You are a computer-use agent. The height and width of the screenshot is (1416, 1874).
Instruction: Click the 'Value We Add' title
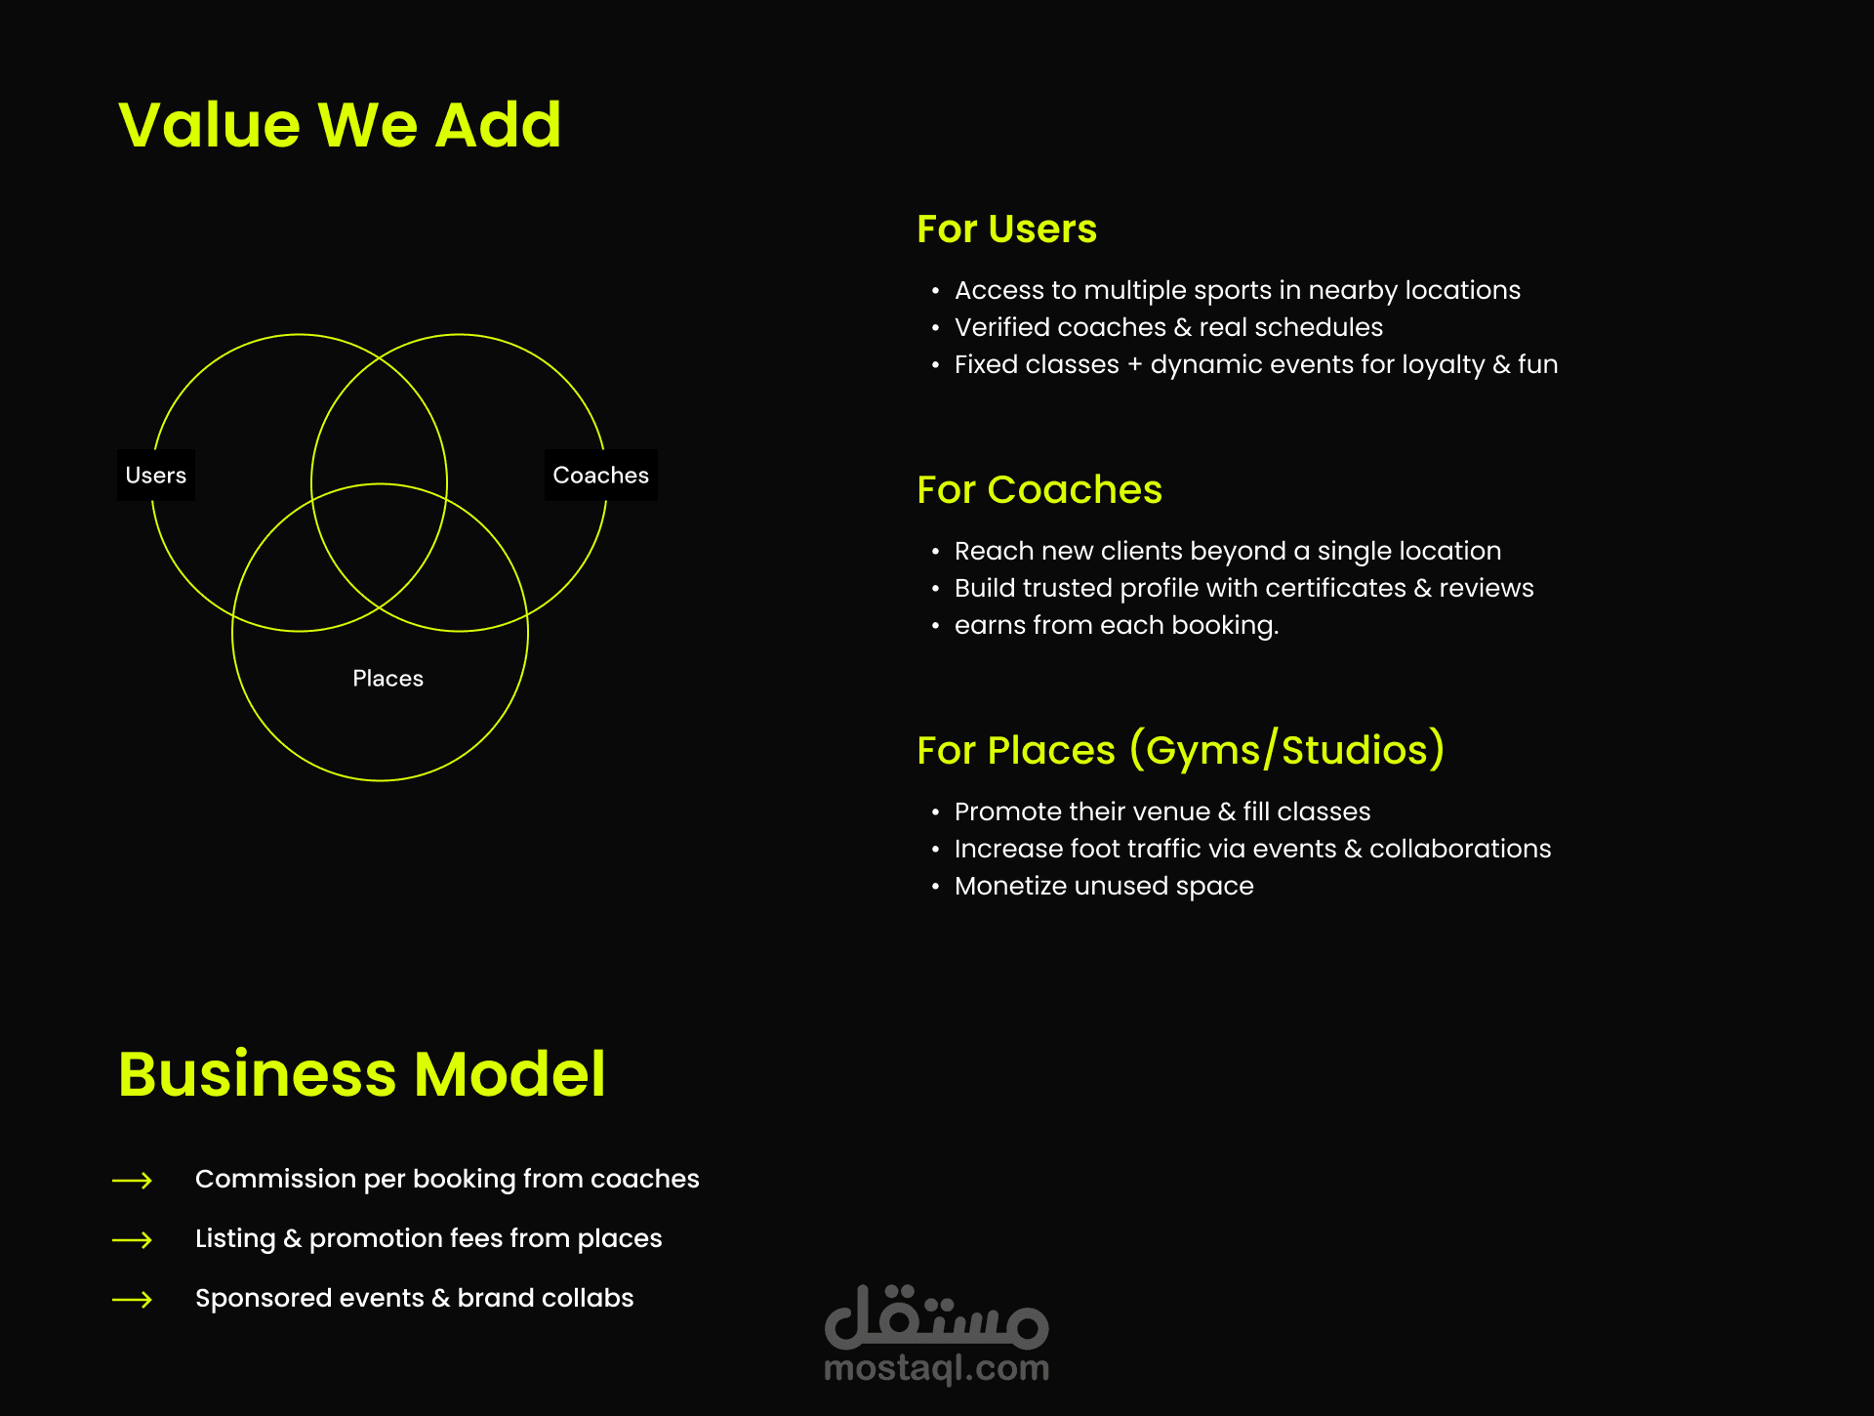tap(340, 125)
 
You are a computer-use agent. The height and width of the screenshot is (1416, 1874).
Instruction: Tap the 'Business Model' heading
tap(361, 1074)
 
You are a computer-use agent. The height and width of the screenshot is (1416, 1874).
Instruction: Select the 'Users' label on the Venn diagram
tap(156, 476)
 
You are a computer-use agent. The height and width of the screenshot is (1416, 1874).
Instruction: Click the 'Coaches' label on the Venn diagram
tap(600, 476)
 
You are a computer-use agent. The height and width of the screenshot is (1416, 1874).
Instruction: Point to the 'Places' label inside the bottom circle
tap(387, 679)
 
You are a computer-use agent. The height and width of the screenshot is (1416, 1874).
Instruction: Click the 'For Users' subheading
tap(1006, 229)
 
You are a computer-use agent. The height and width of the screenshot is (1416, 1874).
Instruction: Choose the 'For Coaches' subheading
tap(1039, 490)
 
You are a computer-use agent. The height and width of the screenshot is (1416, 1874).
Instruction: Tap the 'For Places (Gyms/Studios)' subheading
tap(1180, 750)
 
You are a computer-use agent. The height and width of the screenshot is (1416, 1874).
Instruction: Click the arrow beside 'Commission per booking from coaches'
tap(133, 1181)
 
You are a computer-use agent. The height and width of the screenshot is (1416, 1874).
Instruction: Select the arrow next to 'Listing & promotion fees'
tap(133, 1240)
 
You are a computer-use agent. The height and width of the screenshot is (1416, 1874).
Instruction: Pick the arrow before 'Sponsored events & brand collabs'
tap(133, 1300)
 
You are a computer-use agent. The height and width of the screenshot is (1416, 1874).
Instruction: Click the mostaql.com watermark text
tap(936, 1368)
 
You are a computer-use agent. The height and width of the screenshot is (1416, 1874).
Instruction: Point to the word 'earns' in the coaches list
tap(987, 626)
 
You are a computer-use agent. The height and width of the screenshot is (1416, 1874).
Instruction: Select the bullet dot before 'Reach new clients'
tap(935, 553)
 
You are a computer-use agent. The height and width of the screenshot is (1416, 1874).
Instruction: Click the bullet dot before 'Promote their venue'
tap(935, 813)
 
